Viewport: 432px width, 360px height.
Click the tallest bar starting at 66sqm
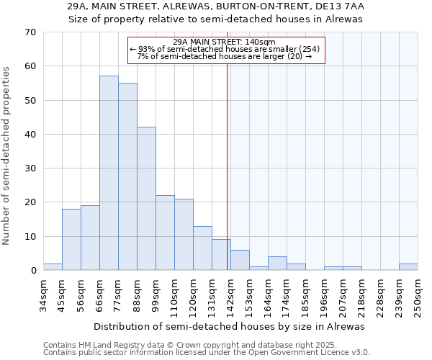(x=109, y=173)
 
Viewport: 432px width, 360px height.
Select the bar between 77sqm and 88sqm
(x=127, y=176)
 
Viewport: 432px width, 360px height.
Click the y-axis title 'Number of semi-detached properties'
(x=7, y=156)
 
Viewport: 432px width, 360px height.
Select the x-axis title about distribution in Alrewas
(x=229, y=326)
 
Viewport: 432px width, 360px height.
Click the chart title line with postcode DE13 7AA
(x=215, y=6)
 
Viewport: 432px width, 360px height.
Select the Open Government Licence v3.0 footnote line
(x=207, y=352)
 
